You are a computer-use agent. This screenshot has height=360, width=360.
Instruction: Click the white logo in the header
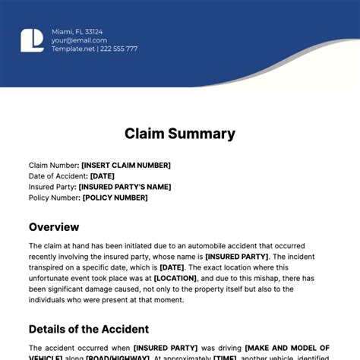click(33, 40)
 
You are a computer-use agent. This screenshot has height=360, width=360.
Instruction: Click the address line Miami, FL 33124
click(77, 31)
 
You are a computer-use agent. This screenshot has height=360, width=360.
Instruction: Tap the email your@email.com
click(77, 40)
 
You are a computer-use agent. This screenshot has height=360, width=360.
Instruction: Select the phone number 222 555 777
click(120, 49)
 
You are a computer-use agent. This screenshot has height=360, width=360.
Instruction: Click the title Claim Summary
click(180, 134)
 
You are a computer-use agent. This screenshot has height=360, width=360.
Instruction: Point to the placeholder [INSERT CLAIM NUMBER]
click(126, 165)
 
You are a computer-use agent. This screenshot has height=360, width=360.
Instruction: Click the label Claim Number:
click(53, 165)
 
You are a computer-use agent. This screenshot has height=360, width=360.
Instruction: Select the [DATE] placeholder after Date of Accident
click(103, 175)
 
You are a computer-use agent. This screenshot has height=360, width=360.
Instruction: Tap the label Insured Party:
click(52, 187)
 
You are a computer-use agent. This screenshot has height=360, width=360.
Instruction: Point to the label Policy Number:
click(54, 197)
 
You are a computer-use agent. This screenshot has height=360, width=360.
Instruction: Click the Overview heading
click(54, 226)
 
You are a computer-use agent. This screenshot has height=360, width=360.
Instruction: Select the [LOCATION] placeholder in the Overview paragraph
click(176, 278)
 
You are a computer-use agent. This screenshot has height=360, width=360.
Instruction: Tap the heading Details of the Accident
click(89, 329)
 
